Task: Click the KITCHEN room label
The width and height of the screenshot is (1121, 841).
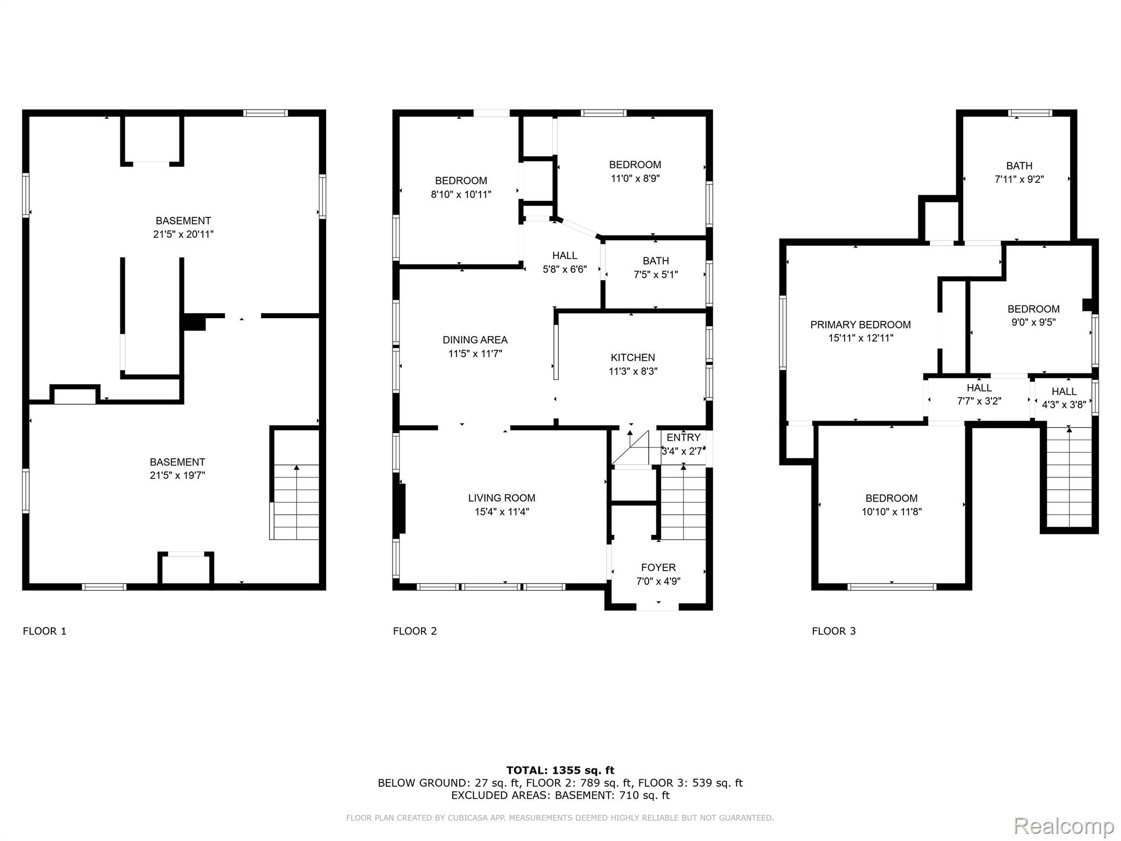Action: click(x=633, y=358)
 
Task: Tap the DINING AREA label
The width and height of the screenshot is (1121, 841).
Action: click(x=475, y=340)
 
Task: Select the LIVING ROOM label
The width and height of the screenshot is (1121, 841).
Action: click(x=501, y=498)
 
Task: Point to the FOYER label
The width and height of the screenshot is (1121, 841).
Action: click(x=658, y=568)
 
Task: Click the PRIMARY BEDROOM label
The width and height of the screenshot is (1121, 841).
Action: click(x=860, y=325)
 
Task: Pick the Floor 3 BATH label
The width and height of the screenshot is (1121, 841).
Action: click(x=1019, y=166)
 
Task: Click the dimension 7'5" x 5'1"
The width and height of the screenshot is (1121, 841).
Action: click(x=656, y=275)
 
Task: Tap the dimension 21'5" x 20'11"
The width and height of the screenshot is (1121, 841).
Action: click(x=183, y=234)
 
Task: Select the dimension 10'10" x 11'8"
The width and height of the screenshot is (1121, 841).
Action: click(x=892, y=512)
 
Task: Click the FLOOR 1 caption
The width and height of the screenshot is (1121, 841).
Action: click(x=44, y=631)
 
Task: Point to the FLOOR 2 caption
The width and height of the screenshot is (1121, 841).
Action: click(x=415, y=631)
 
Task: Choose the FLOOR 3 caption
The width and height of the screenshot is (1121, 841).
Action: click(x=834, y=631)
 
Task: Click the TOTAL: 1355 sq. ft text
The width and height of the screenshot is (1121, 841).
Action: click(x=560, y=770)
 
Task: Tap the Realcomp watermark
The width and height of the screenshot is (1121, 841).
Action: click(x=1064, y=826)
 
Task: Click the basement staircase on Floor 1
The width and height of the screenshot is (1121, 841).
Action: click(x=296, y=502)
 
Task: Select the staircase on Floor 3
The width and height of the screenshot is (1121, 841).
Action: click(x=1069, y=477)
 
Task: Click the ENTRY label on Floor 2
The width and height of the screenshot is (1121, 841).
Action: click(x=683, y=437)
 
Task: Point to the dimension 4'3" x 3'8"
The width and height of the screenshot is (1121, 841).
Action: click(x=1064, y=405)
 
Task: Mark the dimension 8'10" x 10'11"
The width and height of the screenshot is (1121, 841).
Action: click(x=461, y=194)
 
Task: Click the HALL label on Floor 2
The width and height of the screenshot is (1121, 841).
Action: click(x=564, y=256)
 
